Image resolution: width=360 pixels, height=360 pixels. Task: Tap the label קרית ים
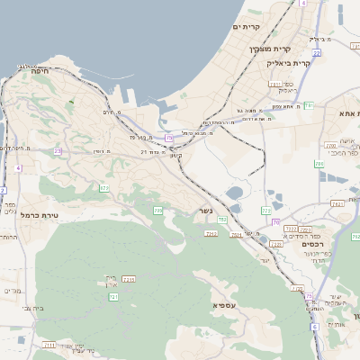click(247, 27)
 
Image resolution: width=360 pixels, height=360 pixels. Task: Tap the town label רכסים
click(312, 244)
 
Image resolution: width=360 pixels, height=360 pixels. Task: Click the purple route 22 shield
click(169, 138)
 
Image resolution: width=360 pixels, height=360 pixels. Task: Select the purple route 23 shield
click(58, 151)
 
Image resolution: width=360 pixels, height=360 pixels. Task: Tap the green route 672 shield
click(104, 188)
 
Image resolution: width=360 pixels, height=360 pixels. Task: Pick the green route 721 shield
click(113, 296)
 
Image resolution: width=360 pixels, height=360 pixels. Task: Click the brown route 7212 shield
click(211, 234)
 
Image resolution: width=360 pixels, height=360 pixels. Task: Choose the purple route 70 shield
click(276, 221)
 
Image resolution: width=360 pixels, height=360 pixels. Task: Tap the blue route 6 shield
click(303, 4)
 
